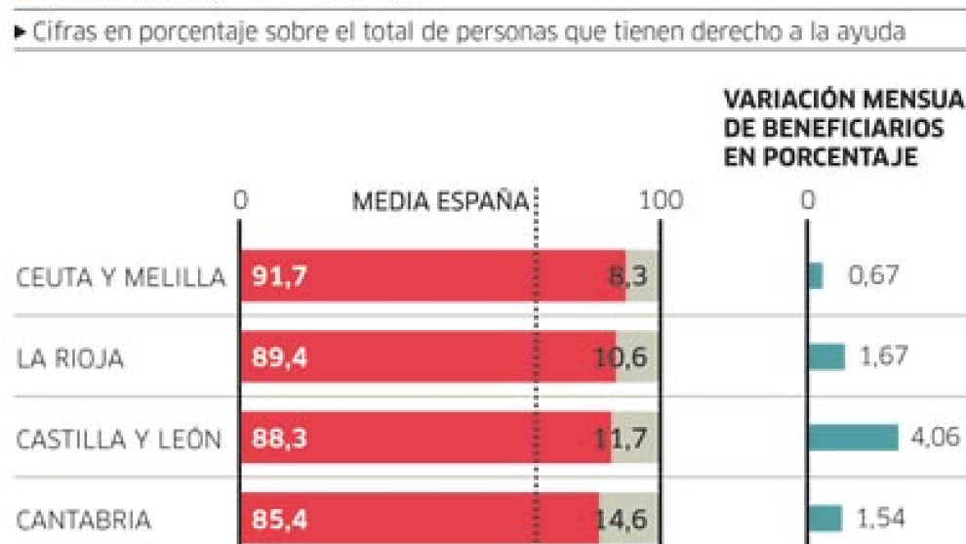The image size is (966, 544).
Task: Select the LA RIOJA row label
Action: coord(69,359)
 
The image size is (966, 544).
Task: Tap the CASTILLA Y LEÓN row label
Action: coord(118,440)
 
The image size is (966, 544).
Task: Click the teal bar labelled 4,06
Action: coord(853,438)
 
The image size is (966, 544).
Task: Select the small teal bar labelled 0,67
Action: coord(816,276)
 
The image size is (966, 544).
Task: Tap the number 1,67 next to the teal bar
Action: coord(884,356)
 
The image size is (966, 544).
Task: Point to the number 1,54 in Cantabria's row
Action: coord(882,519)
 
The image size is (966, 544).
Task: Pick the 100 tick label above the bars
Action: coord(662,202)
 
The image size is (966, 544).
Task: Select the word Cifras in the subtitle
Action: coord(59,32)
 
